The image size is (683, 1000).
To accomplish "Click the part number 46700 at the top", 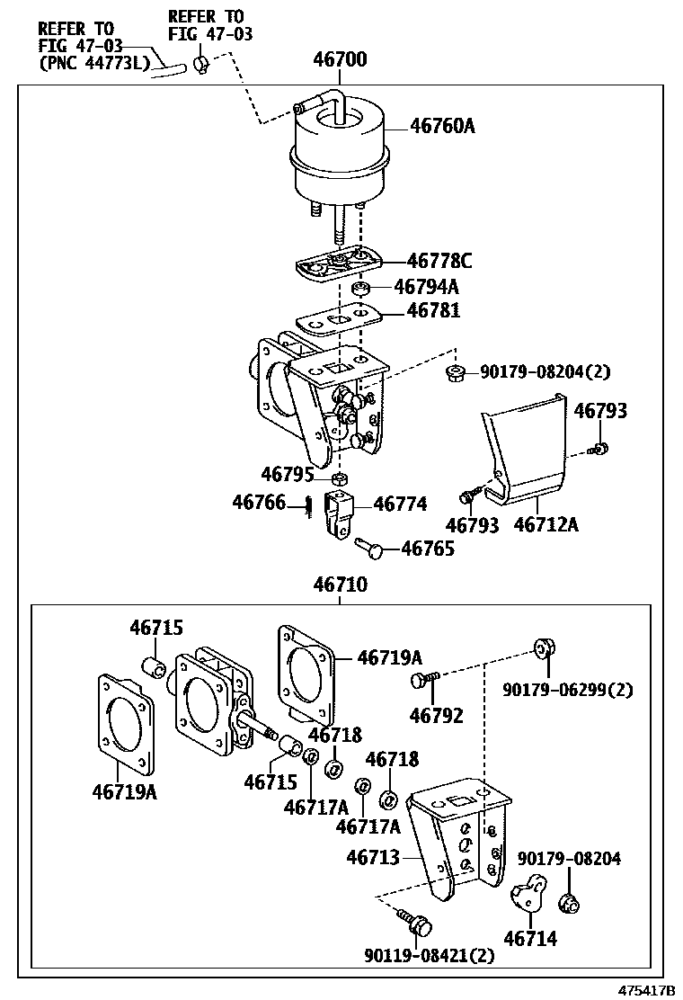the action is click(340, 59).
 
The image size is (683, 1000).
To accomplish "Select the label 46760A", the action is click(442, 126).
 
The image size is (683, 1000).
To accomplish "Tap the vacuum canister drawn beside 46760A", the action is click(338, 152).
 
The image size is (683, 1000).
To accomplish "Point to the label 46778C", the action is click(439, 261).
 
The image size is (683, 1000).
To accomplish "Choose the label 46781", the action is click(433, 310).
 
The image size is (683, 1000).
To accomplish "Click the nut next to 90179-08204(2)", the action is click(455, 371).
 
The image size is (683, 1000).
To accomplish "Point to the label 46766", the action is click(259, 503).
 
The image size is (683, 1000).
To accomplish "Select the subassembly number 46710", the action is click(341, 585).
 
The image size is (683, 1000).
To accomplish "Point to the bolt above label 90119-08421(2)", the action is click(415, 922).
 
